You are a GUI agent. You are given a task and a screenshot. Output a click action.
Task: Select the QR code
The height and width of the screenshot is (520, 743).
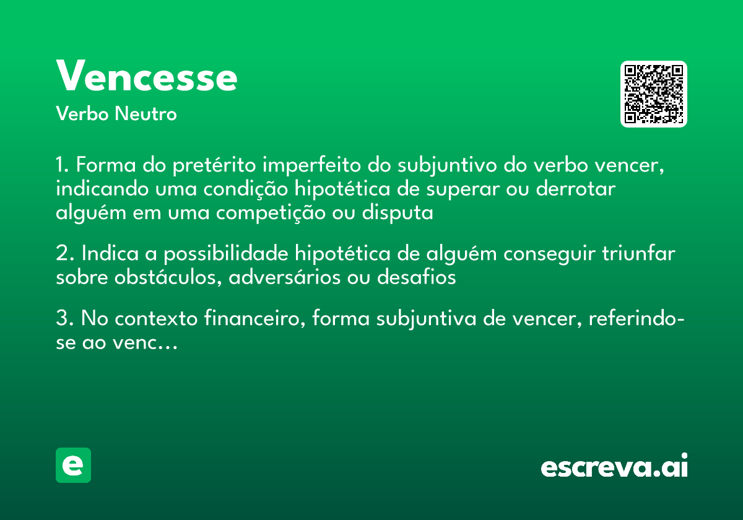pyautogui.click(x=654, y=94)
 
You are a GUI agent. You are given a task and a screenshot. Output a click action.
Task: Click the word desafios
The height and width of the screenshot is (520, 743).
pyautogui.click(x=416, y=277)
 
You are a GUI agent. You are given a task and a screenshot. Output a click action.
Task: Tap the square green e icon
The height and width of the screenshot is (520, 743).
pyautogui.click(x=73, y=465)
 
